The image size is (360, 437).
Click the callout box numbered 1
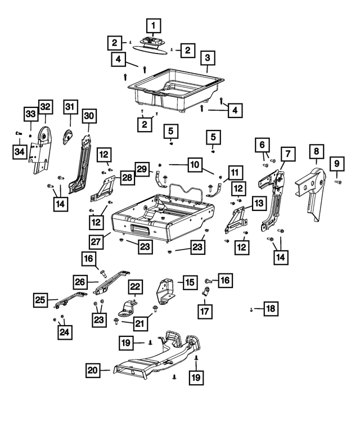(154, 25)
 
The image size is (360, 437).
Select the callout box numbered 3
(208, 58)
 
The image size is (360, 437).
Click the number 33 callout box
(29, 115)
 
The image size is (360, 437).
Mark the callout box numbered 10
(194, 165)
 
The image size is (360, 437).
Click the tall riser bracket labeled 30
(82, 163)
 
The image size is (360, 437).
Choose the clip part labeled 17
(206, 291)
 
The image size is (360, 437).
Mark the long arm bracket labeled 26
(110, 281)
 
